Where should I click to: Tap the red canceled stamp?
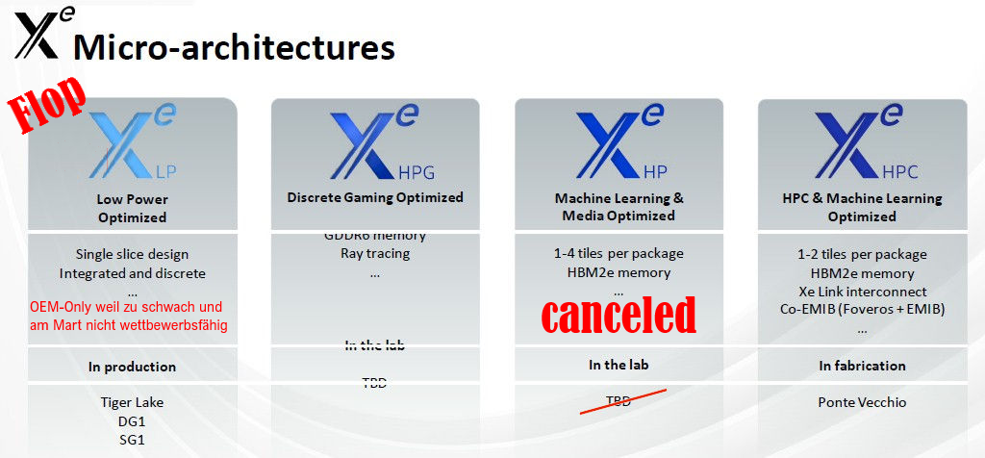point(619,315)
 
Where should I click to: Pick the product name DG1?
point(132,420)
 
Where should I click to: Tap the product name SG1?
point(132,440)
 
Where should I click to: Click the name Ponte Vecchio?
point(862,401)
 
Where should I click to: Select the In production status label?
point(132,367)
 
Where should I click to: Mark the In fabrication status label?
point(862,366)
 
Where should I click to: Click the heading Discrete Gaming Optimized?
point(375,198)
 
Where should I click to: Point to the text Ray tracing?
point(375,254)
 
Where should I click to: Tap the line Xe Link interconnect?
point(862,291)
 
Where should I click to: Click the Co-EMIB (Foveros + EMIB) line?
point(862,309)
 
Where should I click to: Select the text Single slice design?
point(132,254)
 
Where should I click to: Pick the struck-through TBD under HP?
point(619,400)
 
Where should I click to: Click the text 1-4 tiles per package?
point(619,254)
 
